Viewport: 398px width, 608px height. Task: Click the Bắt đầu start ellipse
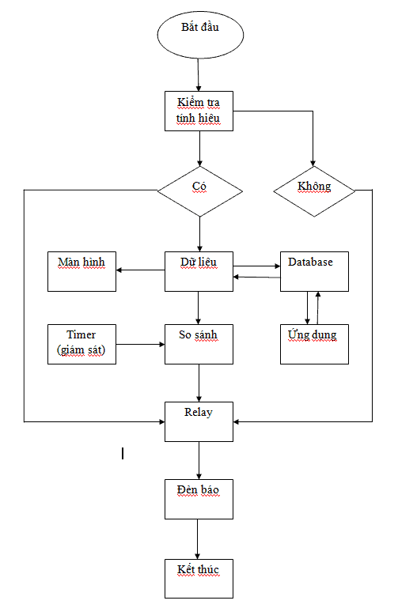pyautogui.click(x=200, y=35)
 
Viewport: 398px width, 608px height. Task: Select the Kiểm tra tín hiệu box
pyautogui.click(x=199, y=111)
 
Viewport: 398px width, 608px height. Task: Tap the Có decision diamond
pyautogui.click(x=199, y=191)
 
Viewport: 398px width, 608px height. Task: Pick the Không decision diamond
pyautogui.click(x=314, y=191)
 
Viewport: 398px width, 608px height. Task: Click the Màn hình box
pyautogui.click(x=81, y=271)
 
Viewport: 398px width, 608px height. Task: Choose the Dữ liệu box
pyautogui.click(x=199, y=271)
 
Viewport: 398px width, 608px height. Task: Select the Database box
pyautogui.click(x=314, y=271)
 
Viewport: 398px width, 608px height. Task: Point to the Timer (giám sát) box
pyautogui.click(x=81, y=345)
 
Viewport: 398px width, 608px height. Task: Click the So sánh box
pyautogui.click(x=199, y=345)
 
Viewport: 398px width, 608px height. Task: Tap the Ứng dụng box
pyautogui.click(x=314, y=345)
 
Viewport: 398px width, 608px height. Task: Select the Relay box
pyautogui.click(x=199, y=421)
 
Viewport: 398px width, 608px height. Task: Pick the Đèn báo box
pyautogui.click(x=199, y=499)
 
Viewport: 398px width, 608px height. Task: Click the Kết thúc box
pyautogui.click(x=199, y=579)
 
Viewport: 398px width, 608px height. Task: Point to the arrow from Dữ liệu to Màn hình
pyautogui.click(x=140, y=270)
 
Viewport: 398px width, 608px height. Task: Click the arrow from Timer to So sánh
pyautogui.click(x=140, y=345)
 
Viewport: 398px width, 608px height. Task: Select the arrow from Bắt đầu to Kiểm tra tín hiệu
pyautogui.click(x=199, y=75)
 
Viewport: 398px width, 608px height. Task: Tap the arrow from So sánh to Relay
pyautogui.click(x=199, y=383)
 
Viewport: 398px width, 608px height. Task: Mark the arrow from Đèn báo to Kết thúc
pyautogui.click(x=198, y=539)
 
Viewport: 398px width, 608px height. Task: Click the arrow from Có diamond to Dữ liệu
pyautogui.click(x=199, y=234)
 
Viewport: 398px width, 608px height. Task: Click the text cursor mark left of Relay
pyautogui.click(x=123, y=453)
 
